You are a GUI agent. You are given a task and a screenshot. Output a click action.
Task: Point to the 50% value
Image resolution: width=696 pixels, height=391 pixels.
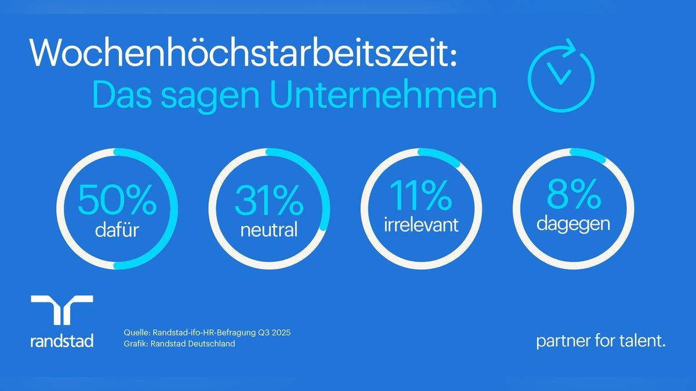coord(117,200)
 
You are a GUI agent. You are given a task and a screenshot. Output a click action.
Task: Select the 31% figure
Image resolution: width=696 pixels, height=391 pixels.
coord(269,200)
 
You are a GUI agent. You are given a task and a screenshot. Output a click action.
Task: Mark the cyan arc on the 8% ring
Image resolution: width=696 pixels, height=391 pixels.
coord(588,154)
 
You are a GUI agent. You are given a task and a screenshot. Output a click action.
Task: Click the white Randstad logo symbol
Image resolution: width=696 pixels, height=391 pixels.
coord(61,309)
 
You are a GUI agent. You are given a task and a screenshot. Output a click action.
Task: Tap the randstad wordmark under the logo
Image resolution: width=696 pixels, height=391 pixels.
coord(61,341)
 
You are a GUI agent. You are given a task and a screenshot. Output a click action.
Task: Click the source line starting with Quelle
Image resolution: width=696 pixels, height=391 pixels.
coord(206,333)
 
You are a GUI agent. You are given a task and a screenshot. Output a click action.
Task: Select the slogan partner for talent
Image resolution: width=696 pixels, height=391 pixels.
coord(601,341)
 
